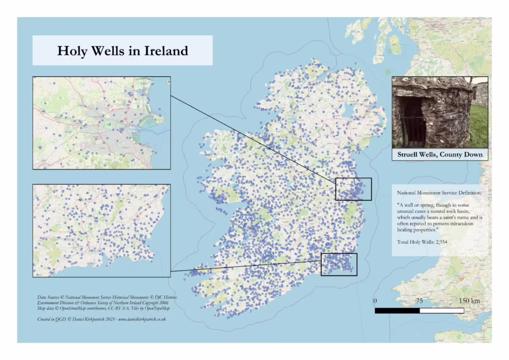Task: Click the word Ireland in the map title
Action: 166,51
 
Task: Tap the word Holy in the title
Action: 72,51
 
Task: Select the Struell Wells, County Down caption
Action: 439,154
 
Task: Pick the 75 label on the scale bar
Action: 419,301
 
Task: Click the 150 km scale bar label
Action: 469,301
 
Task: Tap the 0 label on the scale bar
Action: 375,301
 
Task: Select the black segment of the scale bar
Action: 397,311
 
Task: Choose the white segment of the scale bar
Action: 442,311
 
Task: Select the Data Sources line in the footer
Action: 107,297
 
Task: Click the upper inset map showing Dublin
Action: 101,123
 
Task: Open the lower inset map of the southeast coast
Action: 101,230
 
